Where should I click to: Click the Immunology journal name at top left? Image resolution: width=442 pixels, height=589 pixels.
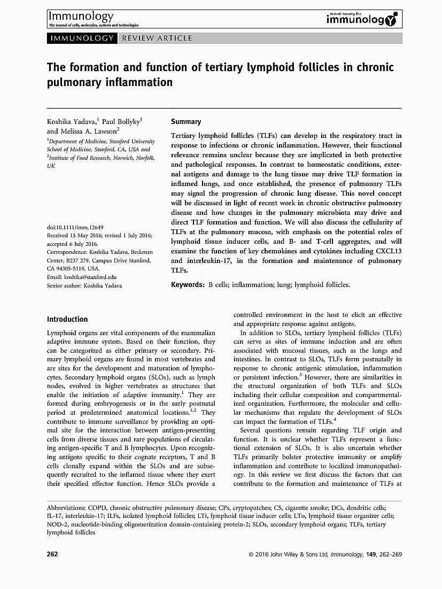[80, 17]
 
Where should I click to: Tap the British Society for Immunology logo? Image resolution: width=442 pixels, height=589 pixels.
[362, 19]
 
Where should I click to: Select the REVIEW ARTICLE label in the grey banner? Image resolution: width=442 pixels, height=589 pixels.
[157, 38]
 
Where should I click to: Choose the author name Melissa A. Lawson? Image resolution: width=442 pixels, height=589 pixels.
[89, 131]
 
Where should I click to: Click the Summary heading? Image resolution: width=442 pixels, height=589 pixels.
[185, 122]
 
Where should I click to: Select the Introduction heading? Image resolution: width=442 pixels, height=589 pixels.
[67, 319]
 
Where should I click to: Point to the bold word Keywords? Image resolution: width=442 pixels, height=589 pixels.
[187, 285]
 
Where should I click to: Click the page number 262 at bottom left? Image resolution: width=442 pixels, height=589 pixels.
[52, 554]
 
